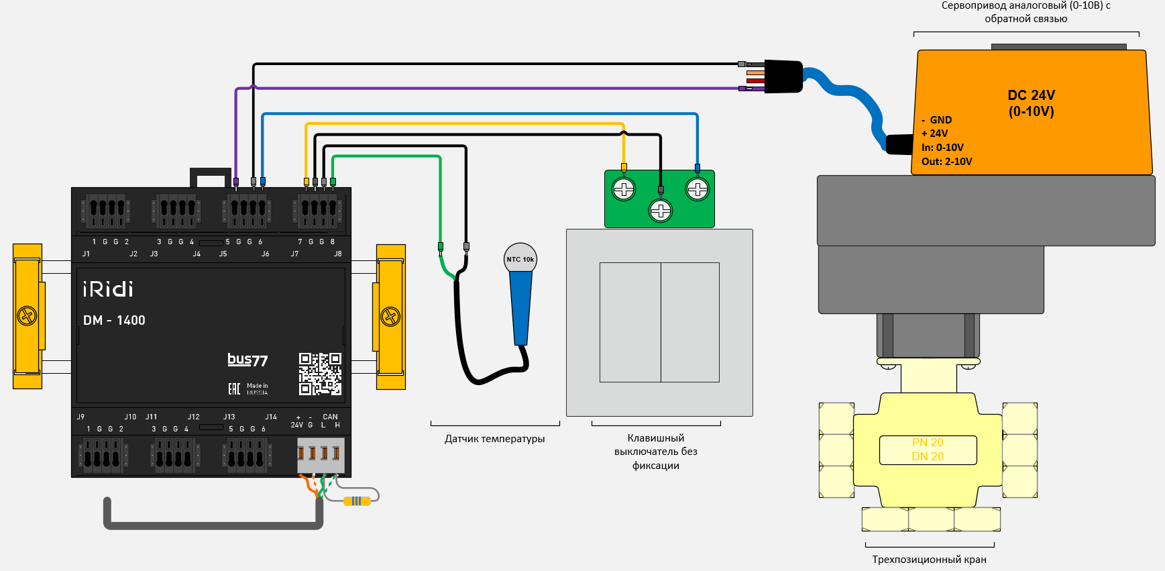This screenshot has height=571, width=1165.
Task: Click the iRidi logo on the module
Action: tap(108, 289)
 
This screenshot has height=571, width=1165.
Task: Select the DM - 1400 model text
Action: tap(114, 321)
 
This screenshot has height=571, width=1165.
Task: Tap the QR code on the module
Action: tap(320, 374)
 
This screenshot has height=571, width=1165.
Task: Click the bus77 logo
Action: tap(247, 360)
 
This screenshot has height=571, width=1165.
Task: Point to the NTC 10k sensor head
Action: tap(520, 258)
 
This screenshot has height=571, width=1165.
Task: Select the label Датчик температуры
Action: tap(494, 439)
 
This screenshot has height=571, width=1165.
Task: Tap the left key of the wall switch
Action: tap(630, 322)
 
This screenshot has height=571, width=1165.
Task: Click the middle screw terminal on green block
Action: tap(661, 211)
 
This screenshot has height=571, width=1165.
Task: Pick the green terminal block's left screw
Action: tap(624, 189)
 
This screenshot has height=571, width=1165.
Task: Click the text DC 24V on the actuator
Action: tap(1031, 95)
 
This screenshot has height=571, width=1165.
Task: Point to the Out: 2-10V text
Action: tap(946, 162)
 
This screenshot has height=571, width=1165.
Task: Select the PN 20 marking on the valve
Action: tap(928, 442)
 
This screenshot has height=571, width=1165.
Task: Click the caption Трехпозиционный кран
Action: tap(929, 560)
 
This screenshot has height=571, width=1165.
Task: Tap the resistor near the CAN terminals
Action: tap(357, 501)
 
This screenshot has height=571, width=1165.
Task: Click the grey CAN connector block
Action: tap(321, 455)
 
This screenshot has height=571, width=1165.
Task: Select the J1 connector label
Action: tap(86, 254)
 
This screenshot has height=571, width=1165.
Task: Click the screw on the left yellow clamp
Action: tap(27, 315)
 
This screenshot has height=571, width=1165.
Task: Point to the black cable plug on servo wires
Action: tap(783, 76)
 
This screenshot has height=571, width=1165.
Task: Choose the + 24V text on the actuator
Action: tap(934, 134)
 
